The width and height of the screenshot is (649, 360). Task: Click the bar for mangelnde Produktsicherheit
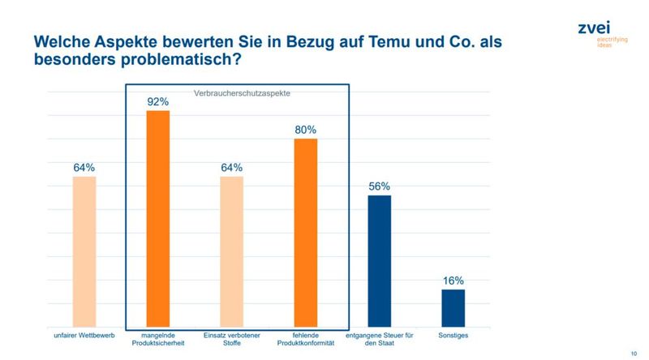(x=157, y=219)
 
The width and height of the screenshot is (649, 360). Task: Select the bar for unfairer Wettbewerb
(x=84, y=251)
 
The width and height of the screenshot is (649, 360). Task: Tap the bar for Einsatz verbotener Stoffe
(x=231, y=251)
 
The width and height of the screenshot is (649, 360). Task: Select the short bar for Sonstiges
(x=453, y=308)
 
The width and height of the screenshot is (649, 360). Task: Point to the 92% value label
(x=157, y=102)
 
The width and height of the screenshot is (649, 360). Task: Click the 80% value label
(x=305, y=130)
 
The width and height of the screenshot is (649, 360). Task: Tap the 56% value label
(x=379, y=186)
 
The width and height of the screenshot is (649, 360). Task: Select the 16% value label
(x=453, y=281)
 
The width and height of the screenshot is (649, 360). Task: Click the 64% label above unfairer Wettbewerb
(x=84, y=167)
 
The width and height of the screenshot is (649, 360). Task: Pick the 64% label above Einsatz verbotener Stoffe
(x=231, y=167)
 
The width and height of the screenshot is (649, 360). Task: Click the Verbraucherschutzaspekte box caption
(x=242, y=93)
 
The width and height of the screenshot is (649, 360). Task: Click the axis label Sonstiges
(x=453, y=335)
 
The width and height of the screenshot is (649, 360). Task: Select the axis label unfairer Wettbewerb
(x=84, y=335)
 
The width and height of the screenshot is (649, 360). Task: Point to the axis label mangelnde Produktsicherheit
(x=157, y=340)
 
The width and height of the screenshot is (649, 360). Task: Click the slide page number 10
(x=633, y=352)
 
